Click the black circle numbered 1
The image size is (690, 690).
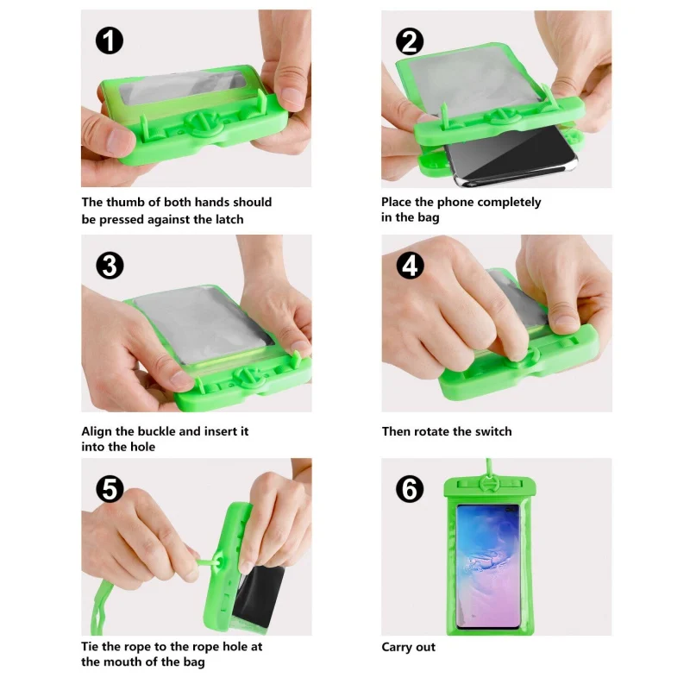click(x=110, y=41)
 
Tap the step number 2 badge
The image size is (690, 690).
click(x=410, y=41)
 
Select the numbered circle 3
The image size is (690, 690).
click(x=110, y=266)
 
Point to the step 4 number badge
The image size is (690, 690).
click(x=411, y=266)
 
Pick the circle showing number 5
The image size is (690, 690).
click(x=110, y=489)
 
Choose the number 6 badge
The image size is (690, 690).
click(x=410, y=489)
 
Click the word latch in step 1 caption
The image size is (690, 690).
click(x=228, y=219)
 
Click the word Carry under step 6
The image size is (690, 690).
click(x=397, y=648)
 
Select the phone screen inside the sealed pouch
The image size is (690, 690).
click(x=488, y=567)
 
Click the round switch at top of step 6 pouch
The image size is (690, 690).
click(x=487, y=484)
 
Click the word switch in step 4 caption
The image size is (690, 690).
click(x=491, y=431)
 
